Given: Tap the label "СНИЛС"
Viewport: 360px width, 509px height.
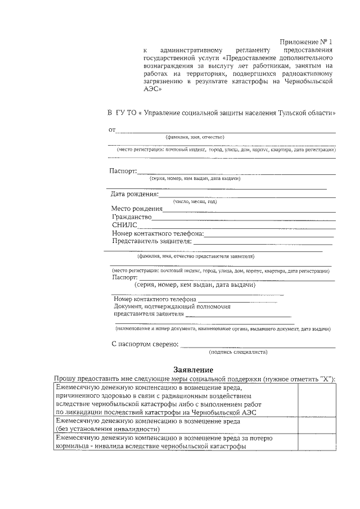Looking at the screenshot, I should (124, 226).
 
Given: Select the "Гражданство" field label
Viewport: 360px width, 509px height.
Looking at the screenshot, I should (132, 217).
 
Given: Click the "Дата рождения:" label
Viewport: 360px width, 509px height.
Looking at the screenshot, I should (135, 195).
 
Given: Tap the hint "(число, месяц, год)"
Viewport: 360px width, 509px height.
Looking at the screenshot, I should (195, 201).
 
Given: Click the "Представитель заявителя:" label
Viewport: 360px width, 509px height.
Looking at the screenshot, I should (152, 242).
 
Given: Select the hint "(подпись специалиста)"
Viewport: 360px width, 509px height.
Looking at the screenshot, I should (238, 352).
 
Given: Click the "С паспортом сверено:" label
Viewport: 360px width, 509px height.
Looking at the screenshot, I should (145, 344).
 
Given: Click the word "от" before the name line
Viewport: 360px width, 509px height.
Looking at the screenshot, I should (112, 130).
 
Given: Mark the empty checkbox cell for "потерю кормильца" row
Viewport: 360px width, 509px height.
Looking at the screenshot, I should (316, 442).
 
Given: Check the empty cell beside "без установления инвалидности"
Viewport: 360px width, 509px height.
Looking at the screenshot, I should (316, 425).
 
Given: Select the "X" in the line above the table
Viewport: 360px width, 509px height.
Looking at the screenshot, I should (325, 379).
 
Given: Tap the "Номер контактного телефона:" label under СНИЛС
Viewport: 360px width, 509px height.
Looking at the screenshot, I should (157, 233).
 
